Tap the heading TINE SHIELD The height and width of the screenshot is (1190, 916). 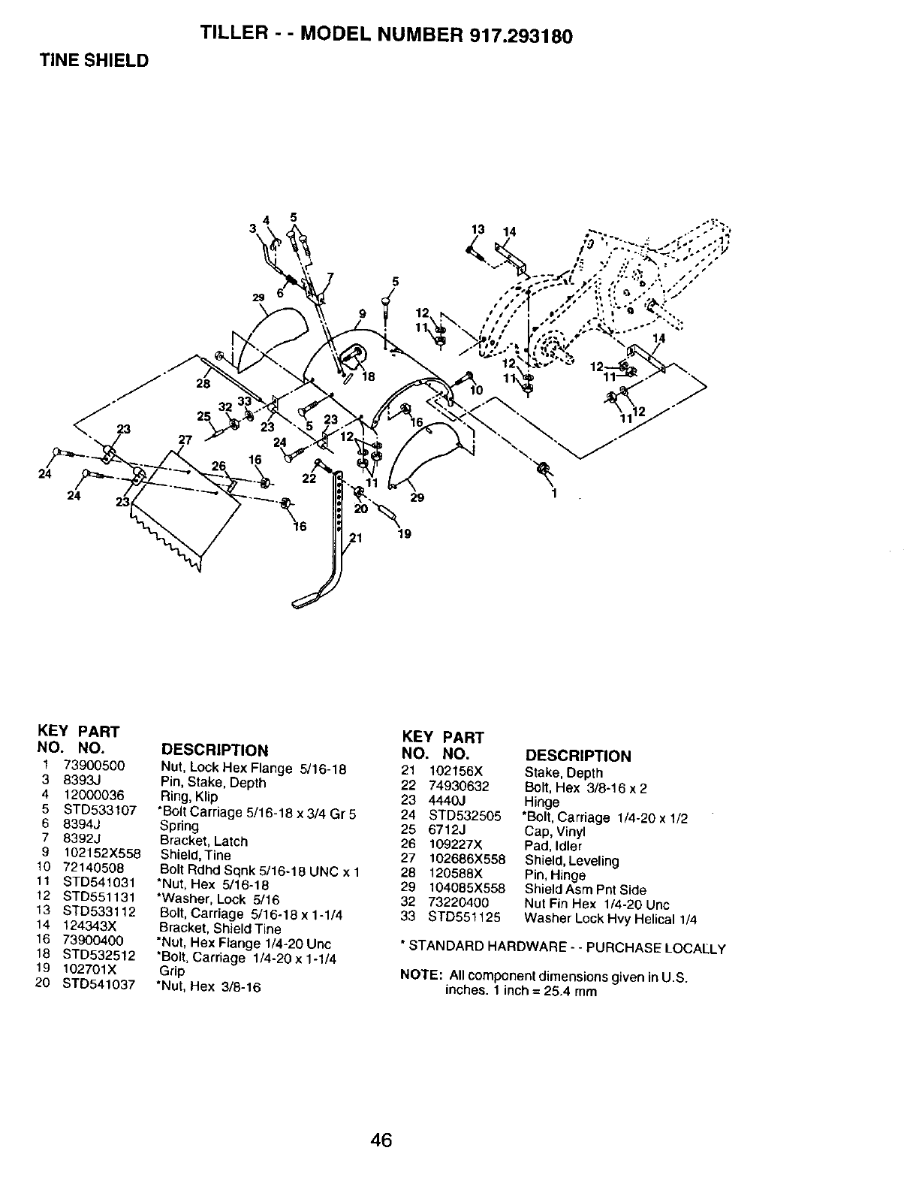click(x=95, y=61)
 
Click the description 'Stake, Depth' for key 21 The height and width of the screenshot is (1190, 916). click(x=563, y=772)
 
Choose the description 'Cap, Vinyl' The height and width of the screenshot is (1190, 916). click(x=554, y=831)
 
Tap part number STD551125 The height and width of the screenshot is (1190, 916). click(x=464, y=917)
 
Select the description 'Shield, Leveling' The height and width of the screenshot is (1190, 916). click(x=571, y=860)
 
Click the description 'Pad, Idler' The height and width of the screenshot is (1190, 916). click(x=553, y=846)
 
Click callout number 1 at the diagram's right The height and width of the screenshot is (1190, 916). click(x=555, y=494)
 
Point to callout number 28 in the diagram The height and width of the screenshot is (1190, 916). click(x=203, y=384)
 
